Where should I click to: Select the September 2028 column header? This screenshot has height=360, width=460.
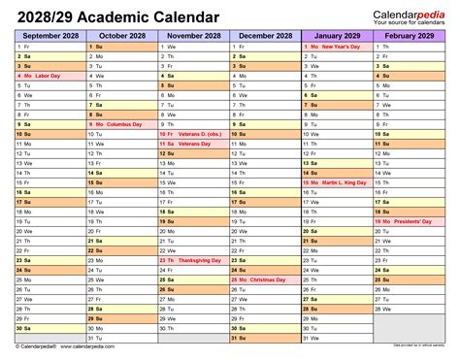click(x=49, y=35)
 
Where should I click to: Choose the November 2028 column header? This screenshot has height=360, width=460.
click(x=193, y=35)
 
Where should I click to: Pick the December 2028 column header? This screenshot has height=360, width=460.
click(x=265, y=35)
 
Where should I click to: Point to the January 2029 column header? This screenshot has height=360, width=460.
click(x=337, y=35)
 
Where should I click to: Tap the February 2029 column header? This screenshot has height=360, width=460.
click(x=409, y=35)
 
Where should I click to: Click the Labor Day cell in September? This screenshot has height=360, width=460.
click(x=49, y=76)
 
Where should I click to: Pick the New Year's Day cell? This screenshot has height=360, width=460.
click(x=337, y=47)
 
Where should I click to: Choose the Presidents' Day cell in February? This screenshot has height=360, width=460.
click(x=409, y=221)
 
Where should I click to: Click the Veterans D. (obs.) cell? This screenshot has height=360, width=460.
click(x=193, y=134)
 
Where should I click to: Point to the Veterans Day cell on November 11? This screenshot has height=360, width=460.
click(x=193, y=144)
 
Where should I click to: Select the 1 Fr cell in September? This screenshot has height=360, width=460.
click(x=49, y=47)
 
